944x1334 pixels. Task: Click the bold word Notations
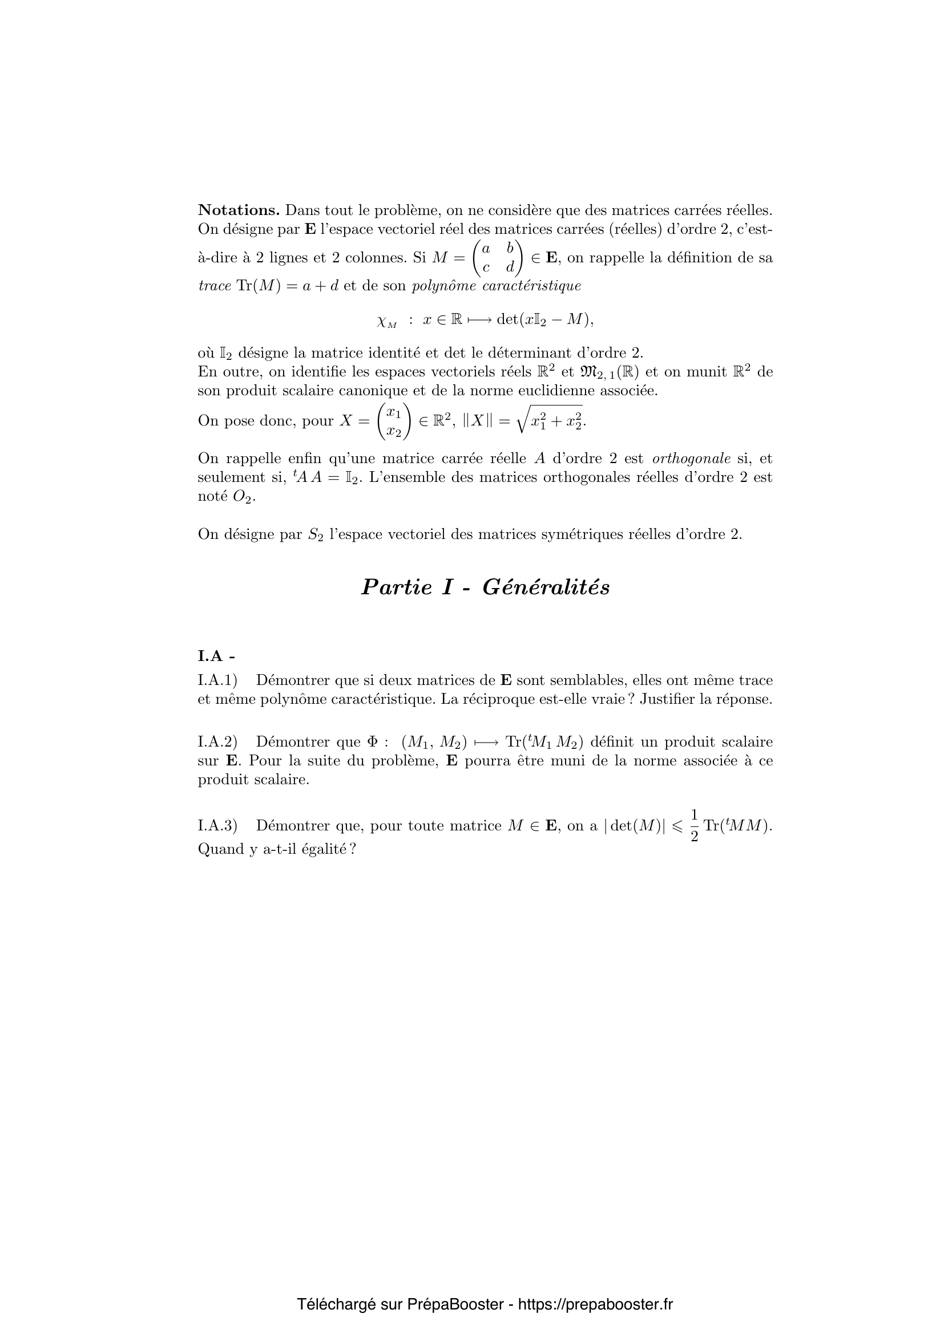coord(239,210)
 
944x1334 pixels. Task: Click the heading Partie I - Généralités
coord(485,587)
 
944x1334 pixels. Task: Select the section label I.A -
coord(216,656)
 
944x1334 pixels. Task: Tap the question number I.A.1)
coord(218,680)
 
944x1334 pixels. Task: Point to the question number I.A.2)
coord(218,742)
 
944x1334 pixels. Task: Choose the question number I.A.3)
coord(218,826)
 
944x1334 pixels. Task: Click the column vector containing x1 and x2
coord(394,421)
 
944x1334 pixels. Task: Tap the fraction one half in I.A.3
coord(694,826)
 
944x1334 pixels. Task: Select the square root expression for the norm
coord(549,421)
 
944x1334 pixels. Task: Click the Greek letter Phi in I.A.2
coord(372,742)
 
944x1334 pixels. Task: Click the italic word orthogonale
coord(691,459)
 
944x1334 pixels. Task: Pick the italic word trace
coord(215,286)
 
